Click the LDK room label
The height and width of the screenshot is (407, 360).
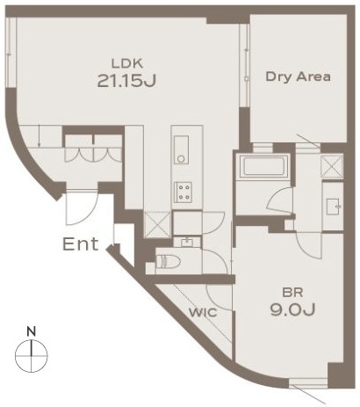(127, 63)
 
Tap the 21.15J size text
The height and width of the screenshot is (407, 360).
(126, 81)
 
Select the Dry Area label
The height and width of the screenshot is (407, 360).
(298, 76)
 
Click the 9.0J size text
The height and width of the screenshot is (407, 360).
(292, 309)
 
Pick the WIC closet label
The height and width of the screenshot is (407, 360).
(203, 313)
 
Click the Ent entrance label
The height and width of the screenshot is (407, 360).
(81, 244)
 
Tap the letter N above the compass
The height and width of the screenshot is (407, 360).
(31, 331)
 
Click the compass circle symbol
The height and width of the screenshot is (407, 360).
(31, 356)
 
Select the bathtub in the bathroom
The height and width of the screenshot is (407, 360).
(263, 166)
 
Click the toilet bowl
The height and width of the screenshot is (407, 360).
(165, 261)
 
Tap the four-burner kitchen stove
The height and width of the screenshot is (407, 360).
(184, 193)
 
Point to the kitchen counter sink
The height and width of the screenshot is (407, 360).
(182, 149)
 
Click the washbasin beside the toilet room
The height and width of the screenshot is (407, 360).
(187, 243)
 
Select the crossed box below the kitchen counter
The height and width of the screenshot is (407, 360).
(157, 224)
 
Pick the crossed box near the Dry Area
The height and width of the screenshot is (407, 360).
(332, 167)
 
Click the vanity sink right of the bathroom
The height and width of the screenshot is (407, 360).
(334, 207)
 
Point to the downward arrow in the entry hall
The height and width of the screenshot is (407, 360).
(40, 136)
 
